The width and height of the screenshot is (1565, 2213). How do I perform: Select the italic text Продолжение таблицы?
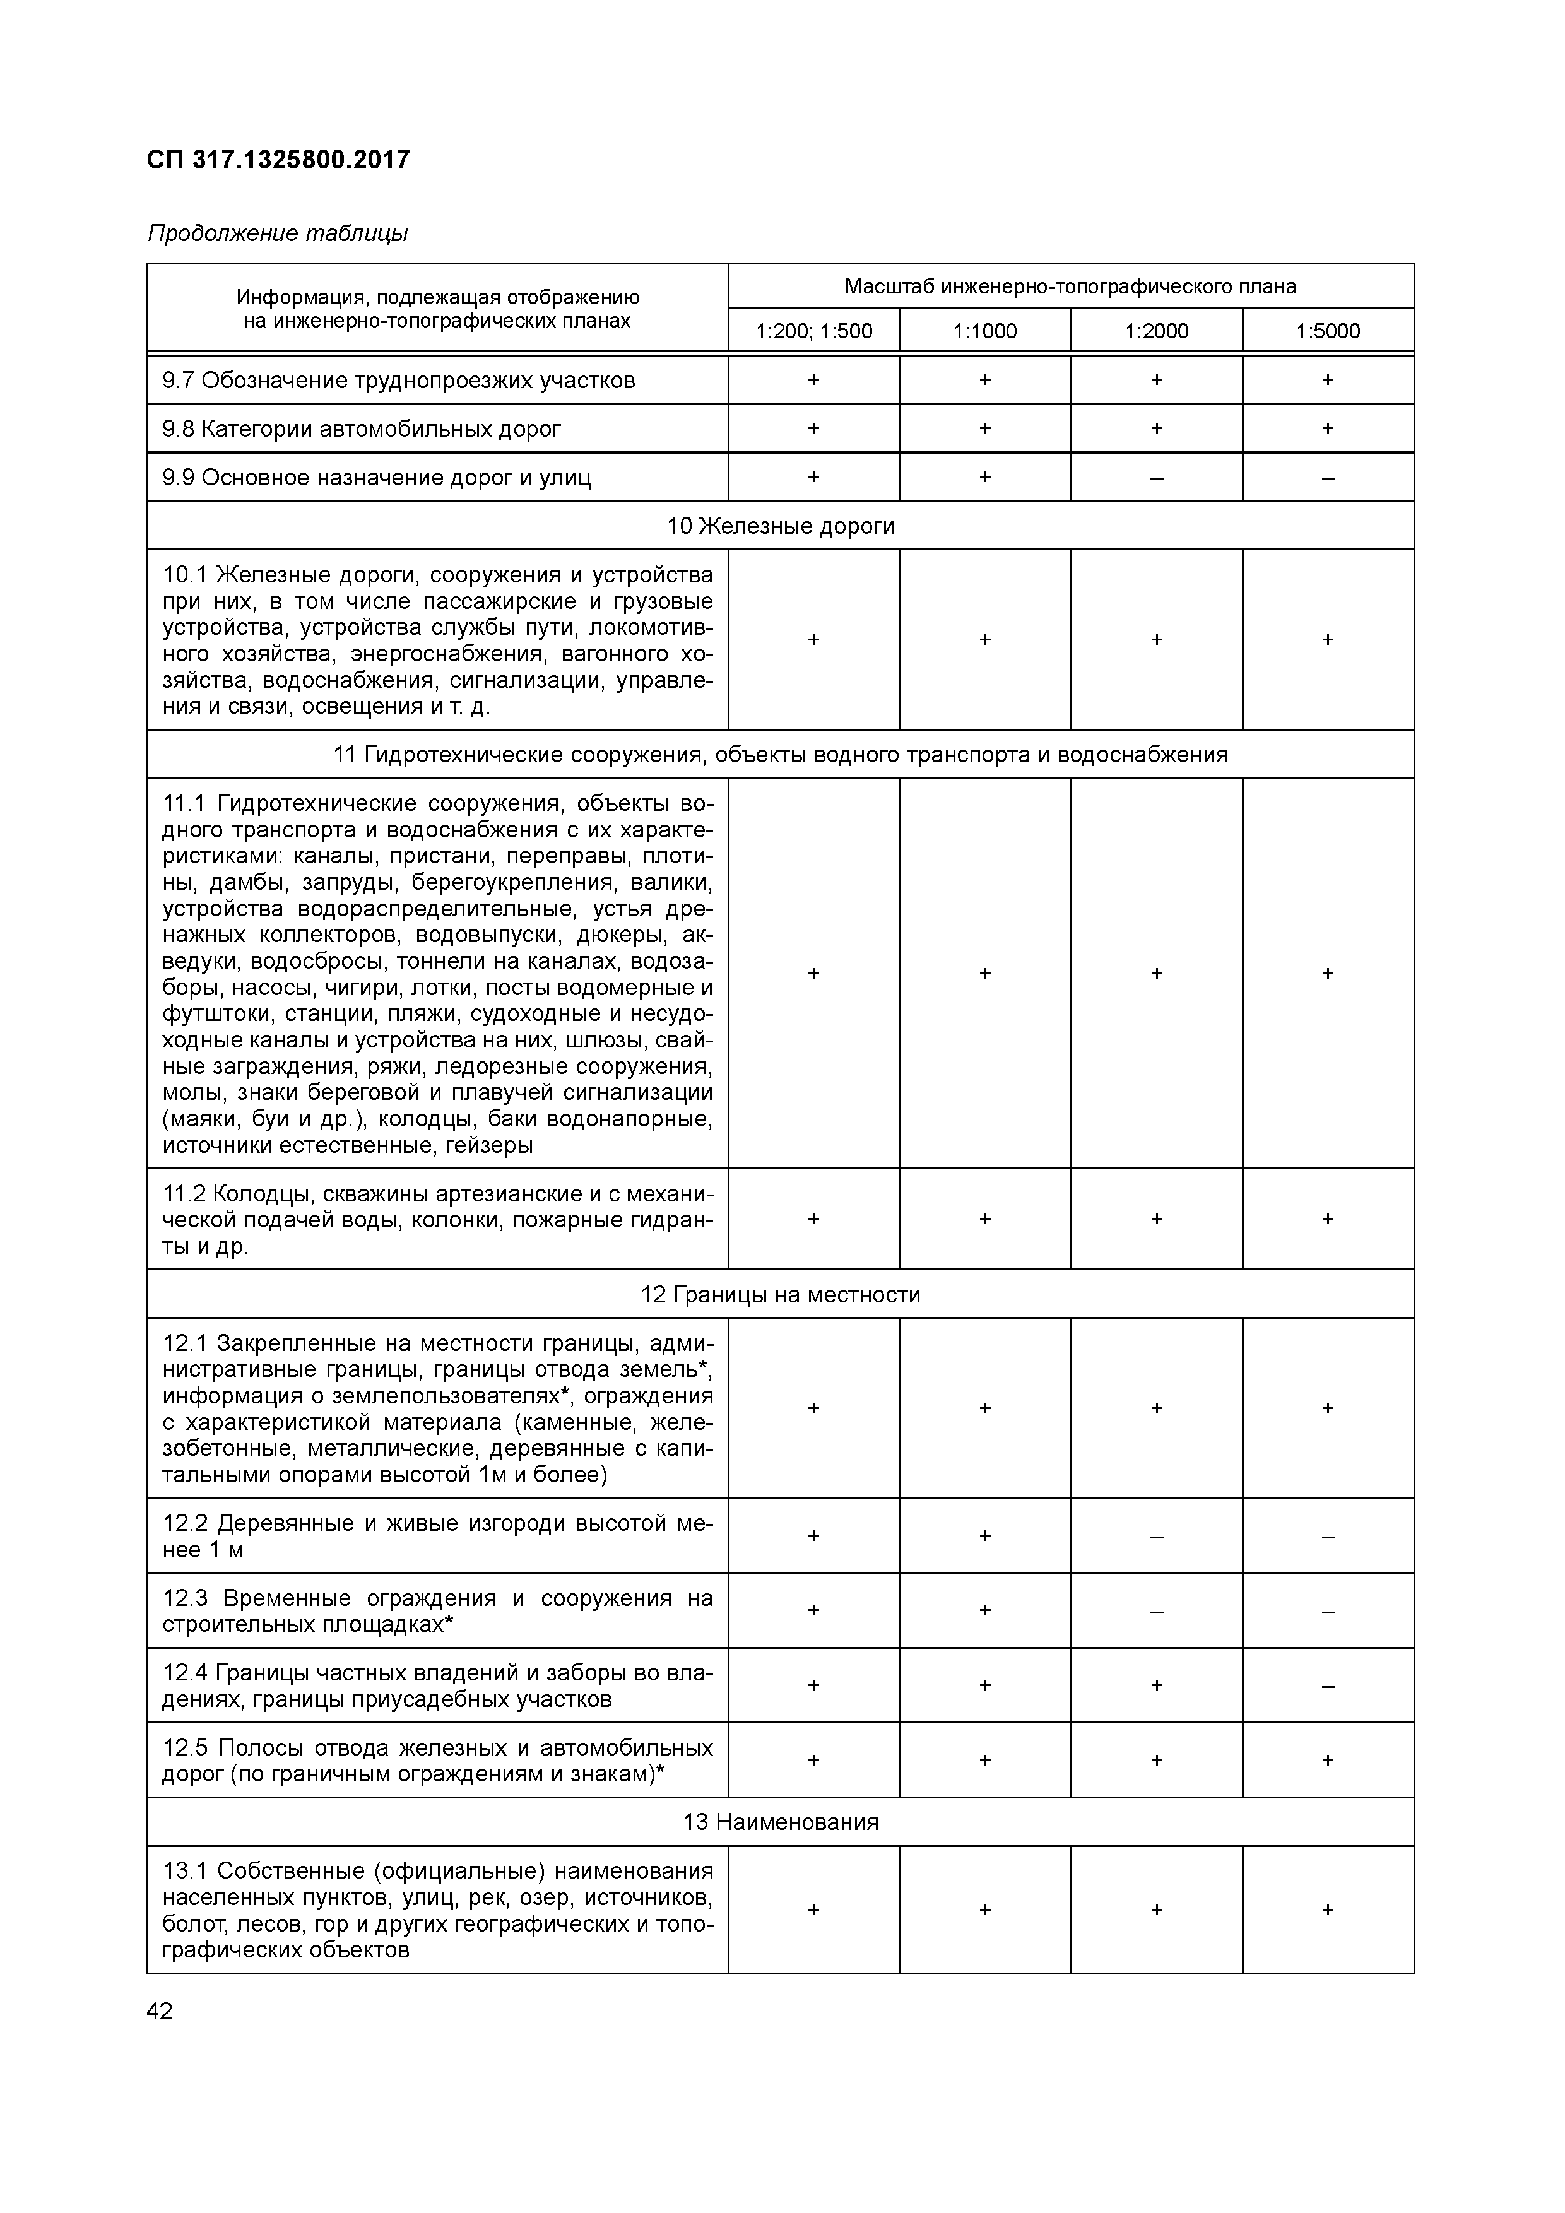[278, 234]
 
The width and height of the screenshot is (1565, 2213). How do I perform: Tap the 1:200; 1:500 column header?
[813, 331]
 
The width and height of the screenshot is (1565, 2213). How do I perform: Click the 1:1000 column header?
[985, 331]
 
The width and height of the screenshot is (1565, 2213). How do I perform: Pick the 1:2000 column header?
[1157, 331]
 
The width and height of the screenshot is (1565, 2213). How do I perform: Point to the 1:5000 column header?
[1328, 331]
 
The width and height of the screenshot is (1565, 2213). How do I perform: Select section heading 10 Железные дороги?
[781, 526]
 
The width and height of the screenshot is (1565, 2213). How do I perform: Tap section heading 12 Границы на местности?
[781, 1294]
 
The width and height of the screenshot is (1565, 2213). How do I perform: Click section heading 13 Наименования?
[781, 1822]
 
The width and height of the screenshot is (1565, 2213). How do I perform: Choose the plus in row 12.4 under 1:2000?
[1157, 1685]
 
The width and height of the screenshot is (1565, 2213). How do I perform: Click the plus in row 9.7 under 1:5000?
[1328, 380]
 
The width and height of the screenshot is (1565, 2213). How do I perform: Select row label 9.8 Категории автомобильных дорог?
[362, 429]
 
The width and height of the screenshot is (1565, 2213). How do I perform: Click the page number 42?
[160, 2012]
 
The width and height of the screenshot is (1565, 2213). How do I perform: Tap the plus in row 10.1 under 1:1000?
[985, 640]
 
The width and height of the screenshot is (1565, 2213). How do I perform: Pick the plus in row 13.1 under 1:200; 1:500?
[813, 1910]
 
